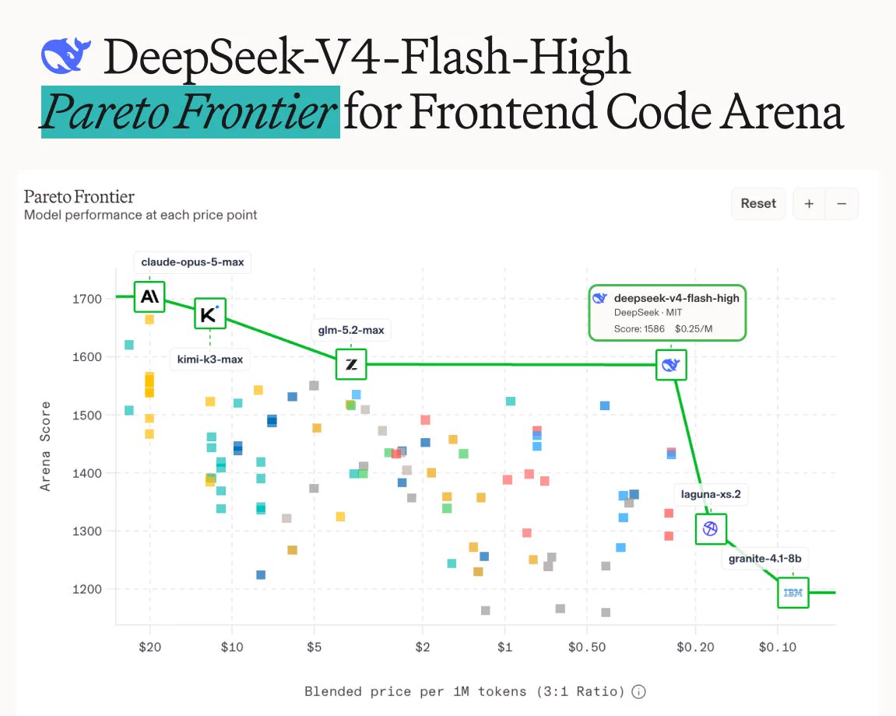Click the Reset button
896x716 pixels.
(758, 203)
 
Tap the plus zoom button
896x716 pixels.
(809, 203)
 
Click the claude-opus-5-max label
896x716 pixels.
(192, 262)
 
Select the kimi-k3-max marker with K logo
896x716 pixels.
(209, 314)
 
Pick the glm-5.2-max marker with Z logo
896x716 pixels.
(351, 364)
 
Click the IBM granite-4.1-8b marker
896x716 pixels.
(793, 592)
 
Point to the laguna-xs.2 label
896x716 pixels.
(711, 494)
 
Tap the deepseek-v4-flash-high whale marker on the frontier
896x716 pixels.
(671, 364)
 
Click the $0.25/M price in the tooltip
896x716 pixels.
(694, 328)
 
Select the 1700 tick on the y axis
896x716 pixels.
(87, 299)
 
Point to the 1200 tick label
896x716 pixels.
(87, 589)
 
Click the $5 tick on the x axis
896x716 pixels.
(314, 647)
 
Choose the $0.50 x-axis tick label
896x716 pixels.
(587, 647)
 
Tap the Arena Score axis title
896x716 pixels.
(45, 446)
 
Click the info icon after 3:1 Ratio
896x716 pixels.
(639, 691)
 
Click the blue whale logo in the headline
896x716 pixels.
(65, 56)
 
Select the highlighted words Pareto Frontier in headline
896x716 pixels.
(190, 112)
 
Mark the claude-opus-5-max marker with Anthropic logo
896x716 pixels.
(149, 297)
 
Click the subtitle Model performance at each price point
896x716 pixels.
(141, 215)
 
